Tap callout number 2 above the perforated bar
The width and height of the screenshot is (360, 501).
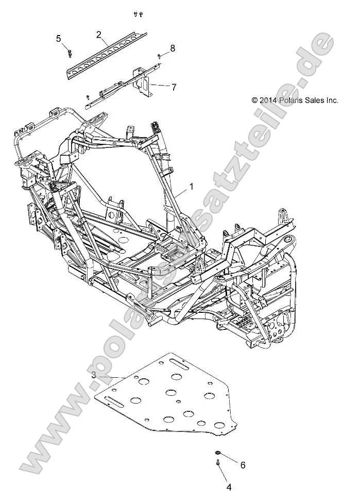(x=98, y=35)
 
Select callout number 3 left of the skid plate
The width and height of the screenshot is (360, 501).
(x=93, y=375)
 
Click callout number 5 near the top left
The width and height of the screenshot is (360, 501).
(x=58, y=38)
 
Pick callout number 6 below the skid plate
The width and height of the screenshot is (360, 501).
(x=243, y=465)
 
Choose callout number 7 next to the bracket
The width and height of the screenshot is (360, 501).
(x=174, y=87)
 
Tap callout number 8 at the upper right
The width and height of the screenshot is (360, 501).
(x=173, y=48)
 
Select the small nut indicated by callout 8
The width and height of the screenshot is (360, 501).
(x=159, y=55)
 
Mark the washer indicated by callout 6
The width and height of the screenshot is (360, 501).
(x=218, y=453)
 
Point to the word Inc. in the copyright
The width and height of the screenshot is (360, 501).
(x=333, y=101)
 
